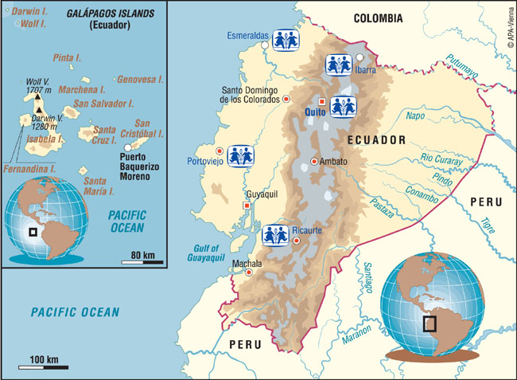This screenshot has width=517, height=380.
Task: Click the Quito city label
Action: pos(316,113)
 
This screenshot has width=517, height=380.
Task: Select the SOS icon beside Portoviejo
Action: pos(240,156)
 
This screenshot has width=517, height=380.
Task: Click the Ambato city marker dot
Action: pos(314,162)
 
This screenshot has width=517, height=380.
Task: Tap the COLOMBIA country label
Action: pos(379,18)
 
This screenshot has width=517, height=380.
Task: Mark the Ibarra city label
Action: pos(364,70)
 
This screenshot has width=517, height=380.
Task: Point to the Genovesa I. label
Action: pos(143,80)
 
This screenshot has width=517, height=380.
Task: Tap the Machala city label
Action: pos(246,263)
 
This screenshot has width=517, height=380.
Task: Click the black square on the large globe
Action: pos(430,323)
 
